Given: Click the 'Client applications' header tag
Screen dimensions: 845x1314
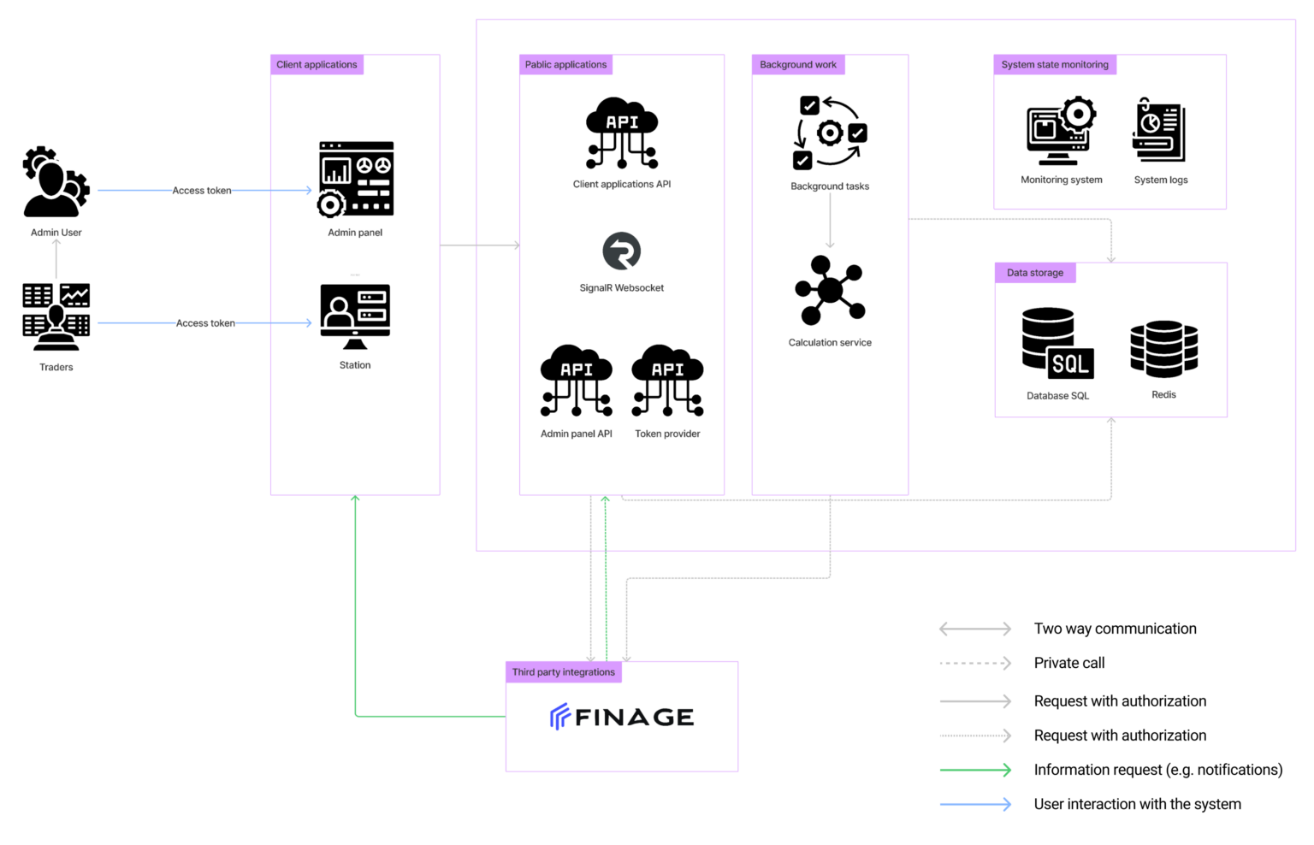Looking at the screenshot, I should coord(317,65).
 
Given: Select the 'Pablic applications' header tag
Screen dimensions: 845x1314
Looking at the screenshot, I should coord(565,65).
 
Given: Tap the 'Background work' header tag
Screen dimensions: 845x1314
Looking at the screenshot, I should coord(798,65).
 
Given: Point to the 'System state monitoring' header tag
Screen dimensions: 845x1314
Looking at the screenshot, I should coord(1055,65).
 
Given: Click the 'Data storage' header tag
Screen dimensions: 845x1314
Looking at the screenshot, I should coord(1035,273).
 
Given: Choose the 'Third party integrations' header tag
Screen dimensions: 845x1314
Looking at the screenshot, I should coord(563,672).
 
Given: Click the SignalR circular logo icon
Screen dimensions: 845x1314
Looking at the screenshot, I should coord(622,251).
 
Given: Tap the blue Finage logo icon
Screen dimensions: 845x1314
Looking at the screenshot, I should coord(559,716).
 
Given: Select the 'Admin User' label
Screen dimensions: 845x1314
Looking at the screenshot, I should coord(56,233).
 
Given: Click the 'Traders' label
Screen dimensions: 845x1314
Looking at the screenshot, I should coord(56,367).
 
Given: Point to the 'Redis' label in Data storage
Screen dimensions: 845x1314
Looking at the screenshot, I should coord(1163,395).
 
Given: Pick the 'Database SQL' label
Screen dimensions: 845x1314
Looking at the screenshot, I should coord(1057,396).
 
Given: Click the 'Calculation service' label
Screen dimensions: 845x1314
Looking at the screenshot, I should coord(830,343).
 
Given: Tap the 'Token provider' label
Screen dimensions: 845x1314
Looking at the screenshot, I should coord(667,434).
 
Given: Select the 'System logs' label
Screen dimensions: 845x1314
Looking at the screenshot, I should coord(1161,180).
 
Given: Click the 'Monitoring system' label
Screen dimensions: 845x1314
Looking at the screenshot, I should coord(1061,180).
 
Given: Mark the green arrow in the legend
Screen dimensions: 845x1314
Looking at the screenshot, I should coord(975,770).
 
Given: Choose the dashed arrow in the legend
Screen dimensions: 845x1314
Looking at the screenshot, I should coord(975,663).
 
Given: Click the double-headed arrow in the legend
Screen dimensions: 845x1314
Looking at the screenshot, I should coord(975,629).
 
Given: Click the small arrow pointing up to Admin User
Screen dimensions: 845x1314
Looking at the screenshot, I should coord(56,258).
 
